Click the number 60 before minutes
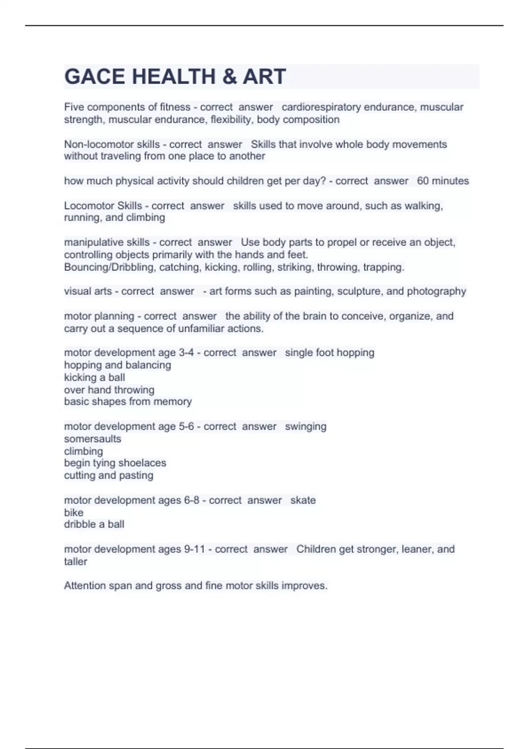423,181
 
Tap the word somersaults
93,439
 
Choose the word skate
303,500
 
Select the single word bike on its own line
74,512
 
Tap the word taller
75,561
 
